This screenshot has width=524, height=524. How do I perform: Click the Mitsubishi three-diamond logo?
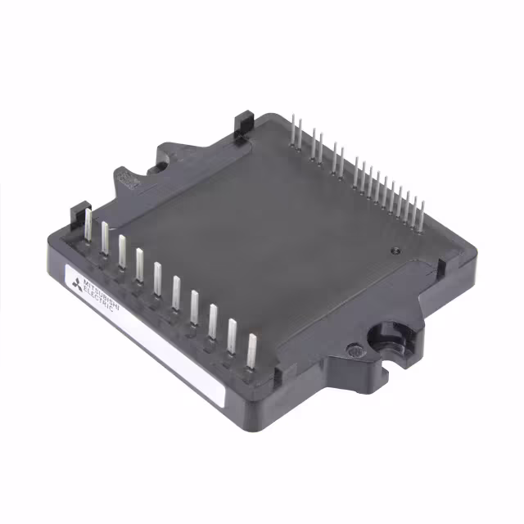(77, 285)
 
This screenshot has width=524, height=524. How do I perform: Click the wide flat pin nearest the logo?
(88, 224)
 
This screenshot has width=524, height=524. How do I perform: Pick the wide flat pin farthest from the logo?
(251, 351)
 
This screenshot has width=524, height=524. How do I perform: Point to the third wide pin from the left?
(122, 251)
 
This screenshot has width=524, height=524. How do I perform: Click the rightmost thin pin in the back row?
(422, 216)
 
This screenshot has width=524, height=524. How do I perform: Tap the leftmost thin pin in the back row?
(293, 130)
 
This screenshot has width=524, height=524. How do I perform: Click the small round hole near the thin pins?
(395, 251)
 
